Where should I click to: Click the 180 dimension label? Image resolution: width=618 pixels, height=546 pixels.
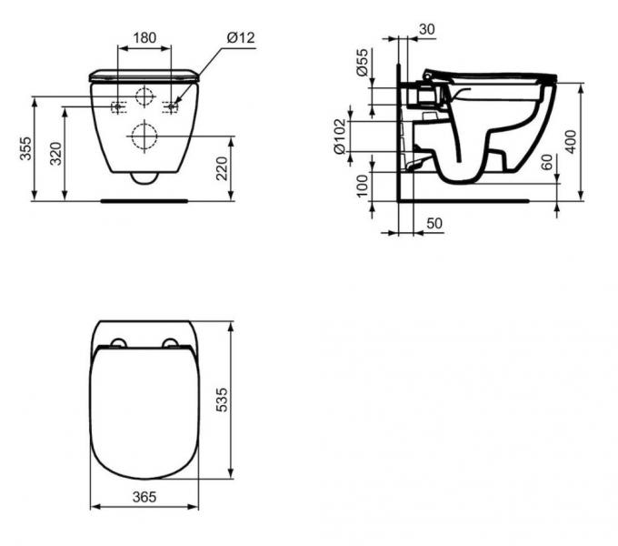pyautogui.click(x=145, y=38)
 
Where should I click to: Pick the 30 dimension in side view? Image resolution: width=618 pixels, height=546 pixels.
pyautogui.click(x=427, y=29)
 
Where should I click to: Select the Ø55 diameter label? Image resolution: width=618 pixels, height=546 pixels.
pyautogui.click(x=362, y=63)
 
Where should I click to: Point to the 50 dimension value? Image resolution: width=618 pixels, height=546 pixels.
pyautogui.click(x=434, y=223)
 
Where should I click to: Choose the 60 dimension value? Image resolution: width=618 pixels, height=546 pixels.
pyautogui.click(x=545, y=164)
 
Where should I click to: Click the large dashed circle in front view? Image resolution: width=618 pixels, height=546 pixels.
pyautogui.click(x=144, y=136)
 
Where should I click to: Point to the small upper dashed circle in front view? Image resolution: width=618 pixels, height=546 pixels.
pyautogui.click(x=145, y=98)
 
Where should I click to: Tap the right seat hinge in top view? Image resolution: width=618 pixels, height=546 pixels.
pyautogui.click(x=170, y=343)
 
